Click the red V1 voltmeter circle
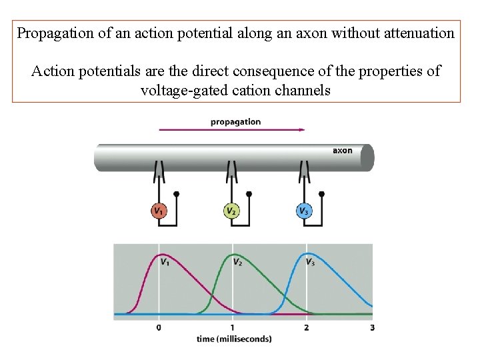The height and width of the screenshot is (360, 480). coord(158,211)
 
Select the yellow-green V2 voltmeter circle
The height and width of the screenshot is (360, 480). coord(231,211)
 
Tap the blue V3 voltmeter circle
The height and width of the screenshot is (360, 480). coord(303,211)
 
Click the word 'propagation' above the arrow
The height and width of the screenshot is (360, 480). coord(235,122)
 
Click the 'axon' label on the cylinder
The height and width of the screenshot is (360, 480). coord(342,151)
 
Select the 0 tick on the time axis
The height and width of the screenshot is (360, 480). coord(159,327)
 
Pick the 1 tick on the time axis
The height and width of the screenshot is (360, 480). coord(232,327)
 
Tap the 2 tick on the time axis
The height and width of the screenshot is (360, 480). coord(306,327)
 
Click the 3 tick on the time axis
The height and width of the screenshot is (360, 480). coord(372,327)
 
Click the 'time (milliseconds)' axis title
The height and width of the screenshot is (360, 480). coord(234,339)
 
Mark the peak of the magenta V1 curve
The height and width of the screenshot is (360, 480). coord(159,255)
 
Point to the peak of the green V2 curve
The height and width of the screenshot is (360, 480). coord(232,255)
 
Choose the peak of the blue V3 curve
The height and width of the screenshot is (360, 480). coord(306,254)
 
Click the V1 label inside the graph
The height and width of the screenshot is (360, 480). coord(165,262)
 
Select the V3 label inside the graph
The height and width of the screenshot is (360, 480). coord(311,262)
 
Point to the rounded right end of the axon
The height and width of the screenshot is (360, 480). coord(367,158)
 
